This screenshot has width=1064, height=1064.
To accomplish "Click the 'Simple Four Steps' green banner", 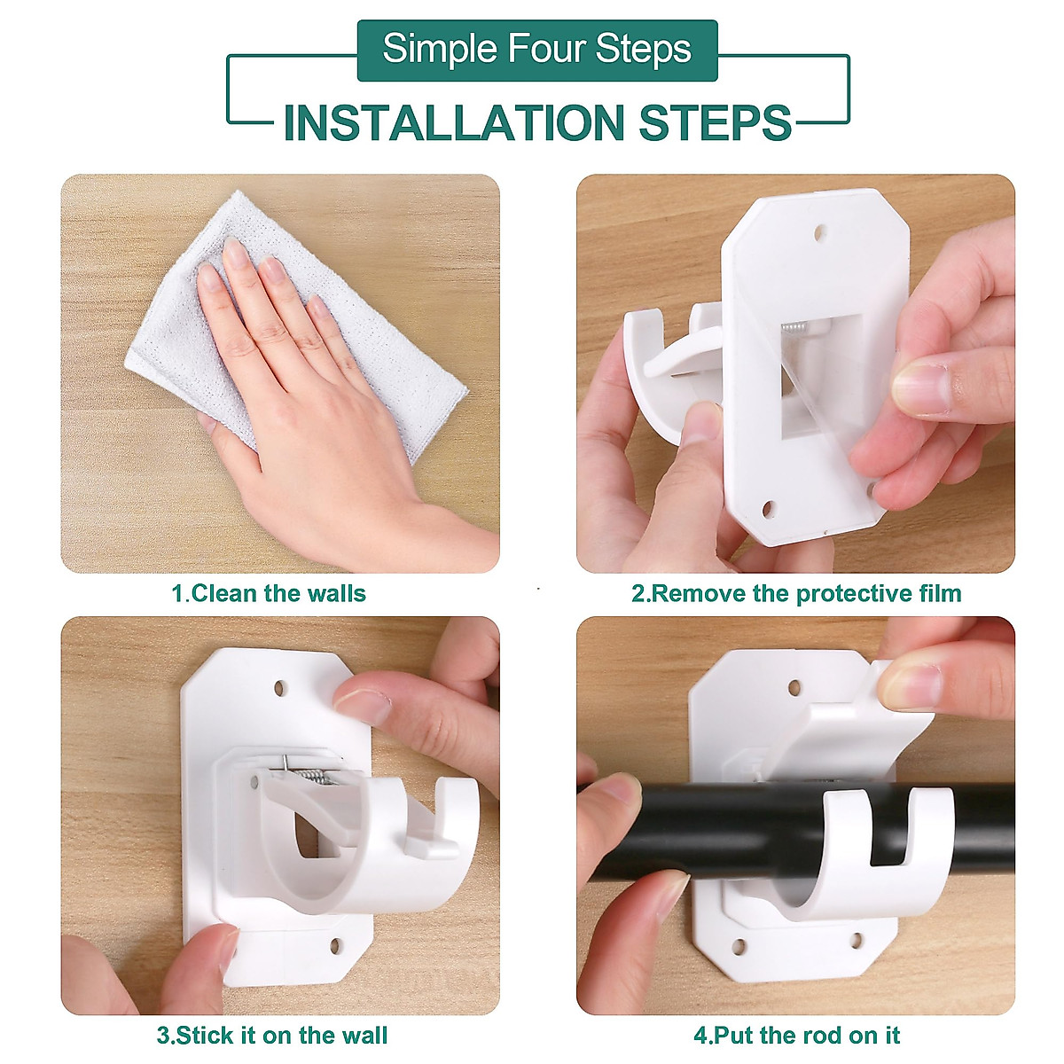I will pos(536,50).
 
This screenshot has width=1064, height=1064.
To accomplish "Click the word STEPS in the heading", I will pos(715,123).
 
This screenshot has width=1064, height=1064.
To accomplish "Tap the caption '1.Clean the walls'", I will pos(269,593).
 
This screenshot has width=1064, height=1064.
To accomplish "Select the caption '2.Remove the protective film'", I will pos(795,593).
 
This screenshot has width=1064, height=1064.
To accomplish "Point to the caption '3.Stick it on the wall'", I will pos(272,1035).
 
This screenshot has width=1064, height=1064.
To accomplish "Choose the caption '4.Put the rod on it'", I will pos(796,1035).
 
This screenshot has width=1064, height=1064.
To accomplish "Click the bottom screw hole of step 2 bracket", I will pos(768,509).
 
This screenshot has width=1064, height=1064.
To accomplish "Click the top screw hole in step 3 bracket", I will pos(281,687).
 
